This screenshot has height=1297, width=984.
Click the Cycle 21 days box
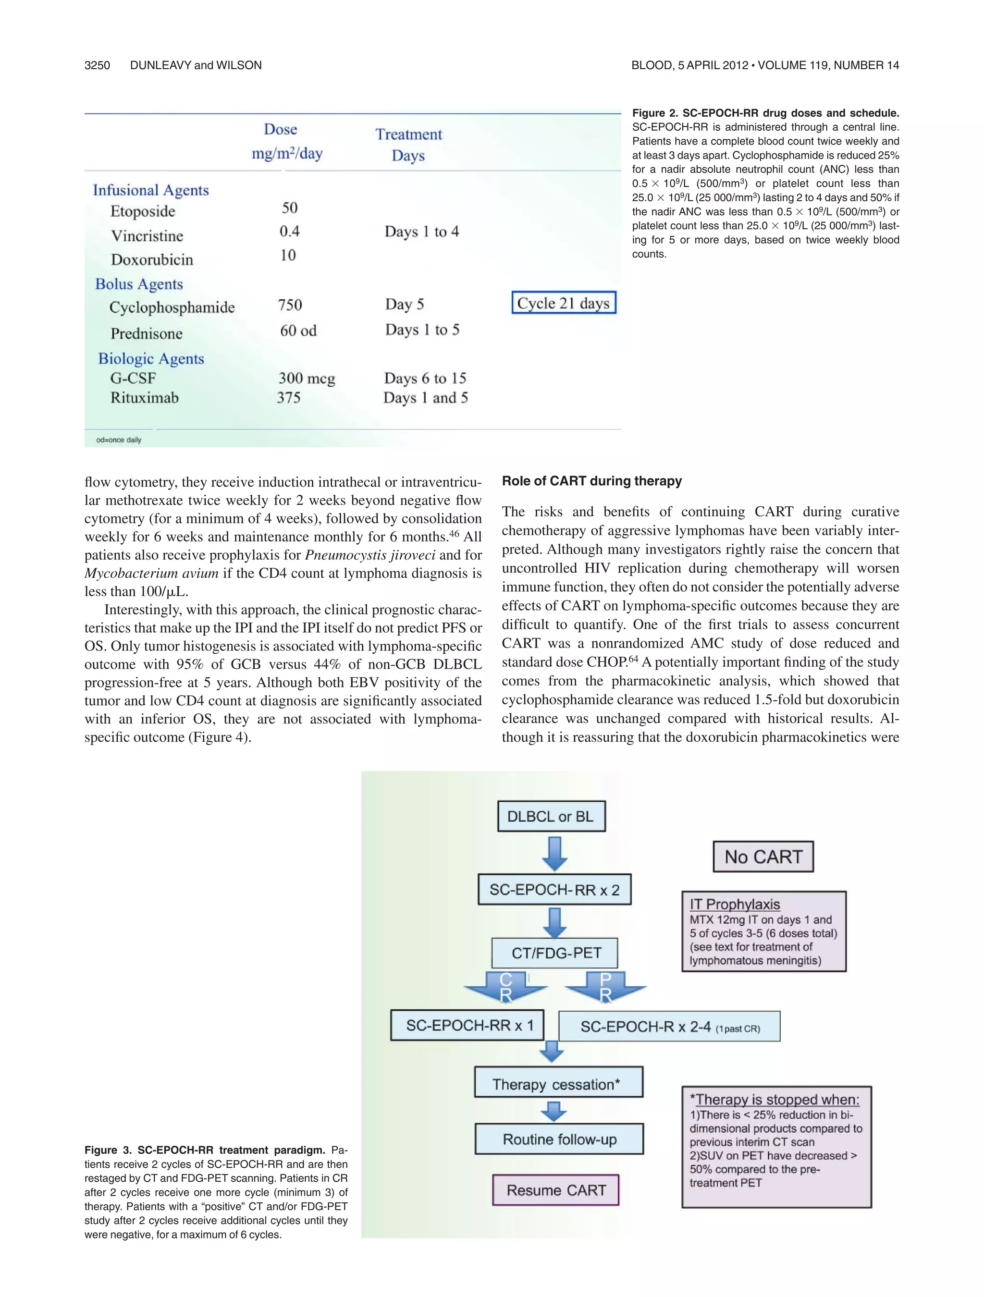tap(563, 303)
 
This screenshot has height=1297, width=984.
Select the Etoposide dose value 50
tap(289, 208)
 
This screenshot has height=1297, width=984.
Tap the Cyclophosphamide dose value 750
tap(290, 305)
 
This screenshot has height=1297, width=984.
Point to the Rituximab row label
tap(144, 398)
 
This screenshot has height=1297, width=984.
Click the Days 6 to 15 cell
tap(425, 378)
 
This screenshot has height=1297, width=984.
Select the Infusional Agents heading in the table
tap(151, 190)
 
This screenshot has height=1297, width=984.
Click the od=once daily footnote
tap(119, 440)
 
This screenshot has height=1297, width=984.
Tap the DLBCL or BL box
tap(551, 816)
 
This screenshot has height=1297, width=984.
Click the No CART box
tap(763, 857)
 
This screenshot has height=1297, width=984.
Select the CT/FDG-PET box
tap(555, 953)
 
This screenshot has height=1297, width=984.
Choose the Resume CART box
tap(555, 1190)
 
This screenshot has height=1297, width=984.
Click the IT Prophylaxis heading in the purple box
tap(734, 904)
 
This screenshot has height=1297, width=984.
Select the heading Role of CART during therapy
tap(591, 481)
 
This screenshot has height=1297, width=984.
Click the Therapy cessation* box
tap(558, 1084)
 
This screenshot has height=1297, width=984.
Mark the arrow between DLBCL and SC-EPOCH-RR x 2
tap(553, 853)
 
